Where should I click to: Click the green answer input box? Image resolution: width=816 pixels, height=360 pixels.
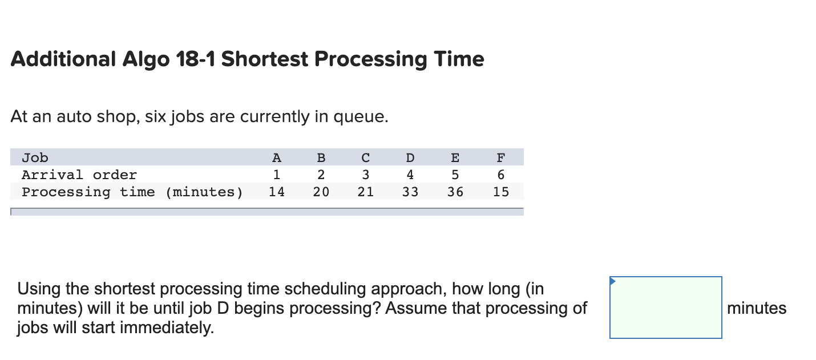coord(665,308)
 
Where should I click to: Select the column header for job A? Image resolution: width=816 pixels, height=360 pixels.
coord(277,157)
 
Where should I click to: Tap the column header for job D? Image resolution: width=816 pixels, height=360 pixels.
coord(410,157)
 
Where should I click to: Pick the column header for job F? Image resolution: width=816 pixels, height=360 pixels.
coord(500,157)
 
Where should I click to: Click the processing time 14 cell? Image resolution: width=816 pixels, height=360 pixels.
coord(277,192)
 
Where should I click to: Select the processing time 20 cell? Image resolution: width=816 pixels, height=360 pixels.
coord(321,192)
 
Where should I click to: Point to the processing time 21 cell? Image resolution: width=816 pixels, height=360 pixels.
coord(366,192)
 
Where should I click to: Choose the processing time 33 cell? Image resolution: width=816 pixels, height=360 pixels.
coord(410,192)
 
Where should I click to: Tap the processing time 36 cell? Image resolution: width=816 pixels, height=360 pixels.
coord(455,192)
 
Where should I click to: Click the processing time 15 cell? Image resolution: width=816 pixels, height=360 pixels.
coord(500,192)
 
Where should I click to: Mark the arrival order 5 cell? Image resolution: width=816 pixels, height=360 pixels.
coord(455,175)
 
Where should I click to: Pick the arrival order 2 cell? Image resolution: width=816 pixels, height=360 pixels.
coord(321,175)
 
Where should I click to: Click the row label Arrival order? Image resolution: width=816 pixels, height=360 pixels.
coord(79,175)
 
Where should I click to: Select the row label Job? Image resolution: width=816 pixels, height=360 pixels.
coord(35,157)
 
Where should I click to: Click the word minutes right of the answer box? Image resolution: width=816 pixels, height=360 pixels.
coord(757,308)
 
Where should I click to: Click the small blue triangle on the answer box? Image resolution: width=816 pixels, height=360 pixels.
coord(613,281)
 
